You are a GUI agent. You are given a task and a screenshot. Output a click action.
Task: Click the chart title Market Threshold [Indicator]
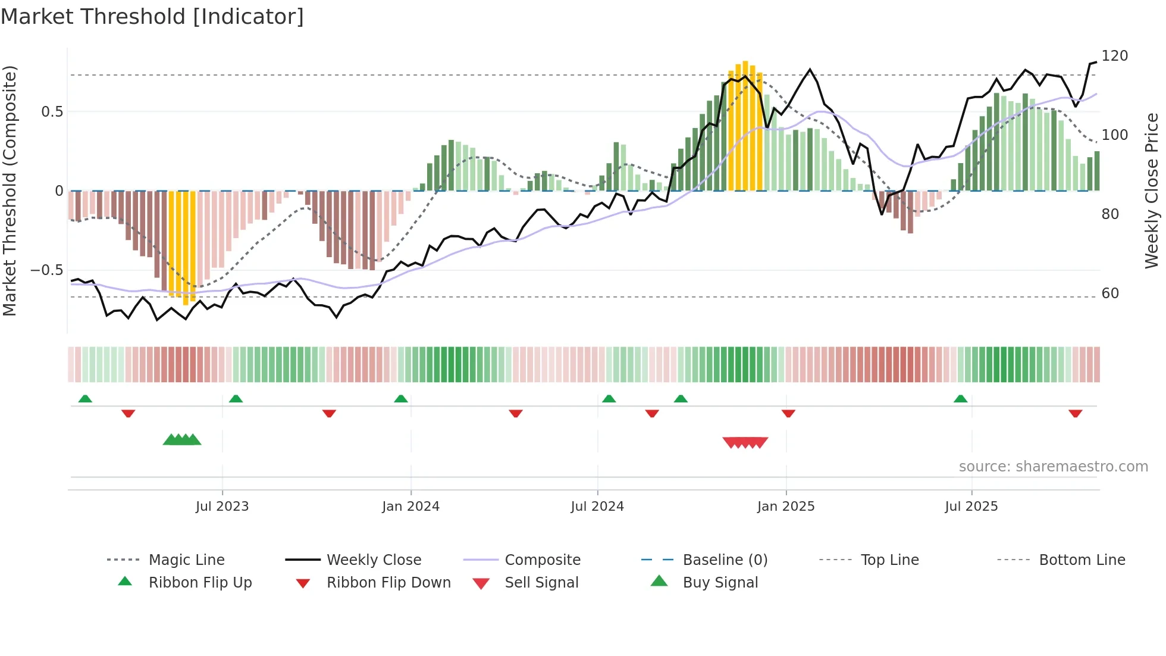[x=152, y=17]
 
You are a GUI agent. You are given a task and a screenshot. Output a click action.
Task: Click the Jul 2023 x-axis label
[x=222, y=507]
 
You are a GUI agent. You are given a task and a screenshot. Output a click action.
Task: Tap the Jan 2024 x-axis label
[x=410, y=507]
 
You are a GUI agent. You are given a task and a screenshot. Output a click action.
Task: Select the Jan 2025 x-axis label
[x=785, y=507]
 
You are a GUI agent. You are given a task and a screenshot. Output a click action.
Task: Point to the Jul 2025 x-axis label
[x=971, y=507]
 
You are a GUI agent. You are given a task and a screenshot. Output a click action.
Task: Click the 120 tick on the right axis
[x=1114, y=56]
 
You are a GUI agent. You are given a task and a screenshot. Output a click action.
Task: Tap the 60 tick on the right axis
[x=1110, y=293]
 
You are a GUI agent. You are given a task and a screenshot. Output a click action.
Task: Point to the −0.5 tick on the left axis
[x=46, y=270]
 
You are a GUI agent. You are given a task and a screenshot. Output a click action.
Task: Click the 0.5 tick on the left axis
[x=52, y=112]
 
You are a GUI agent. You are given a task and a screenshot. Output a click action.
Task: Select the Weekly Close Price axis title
[x=1152, y=190]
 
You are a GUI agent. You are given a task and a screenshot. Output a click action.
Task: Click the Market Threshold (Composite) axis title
[x=10, y=190]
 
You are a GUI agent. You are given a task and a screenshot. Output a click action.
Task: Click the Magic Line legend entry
[x=186, y=560]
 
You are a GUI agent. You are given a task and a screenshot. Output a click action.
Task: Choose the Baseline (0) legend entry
[x=725, y=560]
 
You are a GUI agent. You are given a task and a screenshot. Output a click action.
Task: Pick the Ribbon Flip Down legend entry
[x=388, y=583]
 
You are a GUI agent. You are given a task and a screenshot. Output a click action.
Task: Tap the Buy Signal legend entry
[x=720, y=583]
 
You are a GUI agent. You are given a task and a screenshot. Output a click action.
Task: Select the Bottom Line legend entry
[x=1082, y=560]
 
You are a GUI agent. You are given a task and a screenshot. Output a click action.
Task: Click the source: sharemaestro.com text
[x=1053, y=467]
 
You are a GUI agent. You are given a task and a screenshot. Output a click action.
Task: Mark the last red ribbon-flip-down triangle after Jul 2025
[x=1075, y=413]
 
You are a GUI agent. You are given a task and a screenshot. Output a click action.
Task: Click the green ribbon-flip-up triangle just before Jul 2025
[x=960, y=399]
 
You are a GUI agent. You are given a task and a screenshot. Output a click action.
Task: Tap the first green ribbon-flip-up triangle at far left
[x=85, y=399]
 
